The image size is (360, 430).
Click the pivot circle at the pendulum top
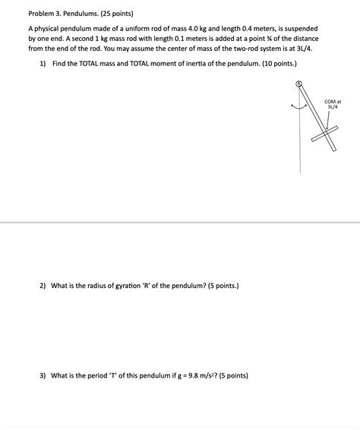click(299, 84)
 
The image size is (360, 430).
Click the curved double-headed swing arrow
click(298, 107)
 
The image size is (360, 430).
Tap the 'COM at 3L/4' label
click(333, 104)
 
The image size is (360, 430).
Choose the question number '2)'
click(43, 286)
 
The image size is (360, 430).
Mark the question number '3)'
click(43, 375)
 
